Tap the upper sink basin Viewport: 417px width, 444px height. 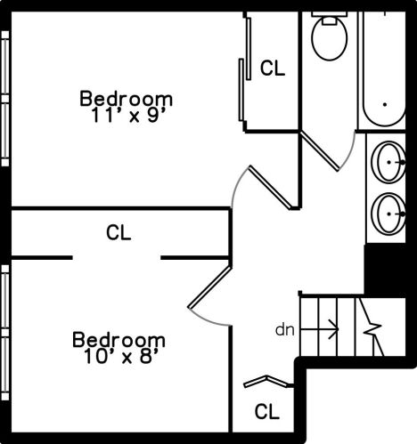(x=388, y=162)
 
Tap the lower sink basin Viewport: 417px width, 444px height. (x=388, y=214)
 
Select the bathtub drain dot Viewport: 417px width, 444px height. (x=385, y=104)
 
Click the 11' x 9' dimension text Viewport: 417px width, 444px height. (x=127, y=116)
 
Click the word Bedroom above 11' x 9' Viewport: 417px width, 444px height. (x=126, y=99)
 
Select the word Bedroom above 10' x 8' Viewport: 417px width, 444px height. (x=119, y=340)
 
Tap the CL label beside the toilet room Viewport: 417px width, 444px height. (x=273, y=68)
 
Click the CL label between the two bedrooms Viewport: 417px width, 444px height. (x=119, y=232)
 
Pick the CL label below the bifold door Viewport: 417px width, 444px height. (x=267, y=411)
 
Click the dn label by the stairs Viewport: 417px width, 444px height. (x=285, y=330)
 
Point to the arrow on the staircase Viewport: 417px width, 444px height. (x=320, y=329)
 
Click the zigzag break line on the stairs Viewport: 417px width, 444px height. (x=371, y=327)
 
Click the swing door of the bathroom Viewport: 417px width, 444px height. (x=320, y=151)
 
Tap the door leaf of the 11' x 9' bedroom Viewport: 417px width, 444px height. (x=270, y=188)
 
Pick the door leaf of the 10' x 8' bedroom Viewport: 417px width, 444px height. (x=209, y=287)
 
